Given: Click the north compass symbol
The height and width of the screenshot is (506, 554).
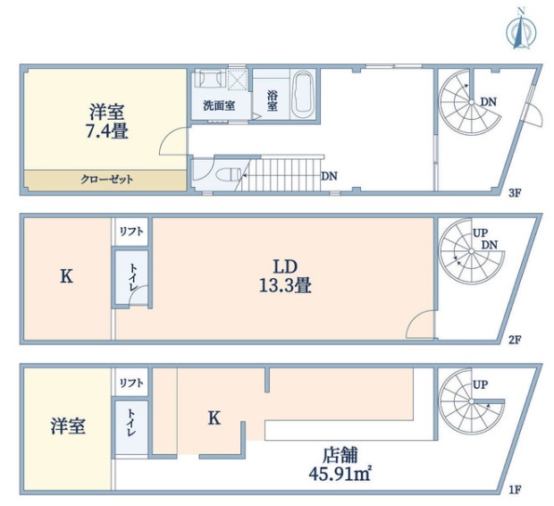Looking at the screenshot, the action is tap(520, 32).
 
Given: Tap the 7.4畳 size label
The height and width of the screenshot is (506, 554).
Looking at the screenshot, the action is tap(107, 132).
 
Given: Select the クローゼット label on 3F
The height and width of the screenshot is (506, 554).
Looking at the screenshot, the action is tap(106, 180).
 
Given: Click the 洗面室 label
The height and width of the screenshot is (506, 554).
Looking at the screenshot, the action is tap(219, 105).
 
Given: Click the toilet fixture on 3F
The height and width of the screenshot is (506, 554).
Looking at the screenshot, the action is tap(228, 174).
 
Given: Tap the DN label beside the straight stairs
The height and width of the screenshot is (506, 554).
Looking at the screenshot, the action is tap(329, 176).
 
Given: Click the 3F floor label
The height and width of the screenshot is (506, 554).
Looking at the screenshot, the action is tap(515, 193).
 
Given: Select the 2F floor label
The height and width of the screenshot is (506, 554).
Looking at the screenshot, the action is tap(515, 340).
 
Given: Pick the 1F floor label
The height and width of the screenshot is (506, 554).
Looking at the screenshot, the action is tap(515, 490).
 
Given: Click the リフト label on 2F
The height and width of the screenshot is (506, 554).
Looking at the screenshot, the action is tap(131, 232).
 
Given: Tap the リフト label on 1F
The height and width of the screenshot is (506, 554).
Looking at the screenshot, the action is tap(131, 383).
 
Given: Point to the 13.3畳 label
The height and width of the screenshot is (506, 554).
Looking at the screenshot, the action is tap(285, 285).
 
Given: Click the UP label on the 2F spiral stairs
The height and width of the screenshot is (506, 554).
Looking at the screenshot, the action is tap(480, 233).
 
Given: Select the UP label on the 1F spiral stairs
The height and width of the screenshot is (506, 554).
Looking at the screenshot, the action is tap(480, 384).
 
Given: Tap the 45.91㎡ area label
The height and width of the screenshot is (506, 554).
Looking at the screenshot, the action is tap(340, 474).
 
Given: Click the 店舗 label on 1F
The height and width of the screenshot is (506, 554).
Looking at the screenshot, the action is tap(340, 455).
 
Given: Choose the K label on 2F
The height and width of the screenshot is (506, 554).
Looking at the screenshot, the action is tap(66, 276).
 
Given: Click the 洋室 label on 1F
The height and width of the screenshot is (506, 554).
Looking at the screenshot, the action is tap(68, 426).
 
